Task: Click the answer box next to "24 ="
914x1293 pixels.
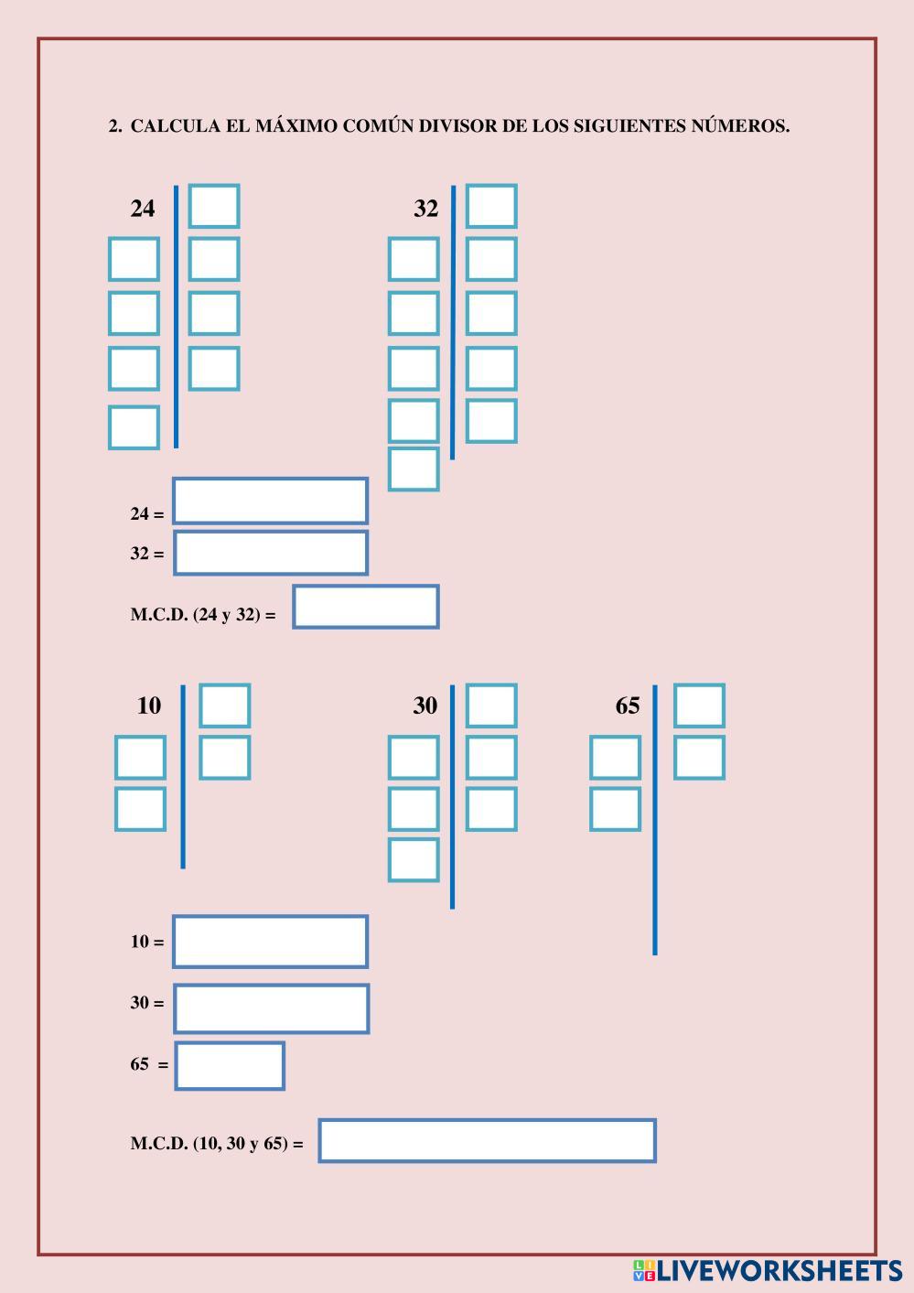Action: tap(270, 501)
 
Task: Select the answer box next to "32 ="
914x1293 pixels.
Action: tap(270, 553)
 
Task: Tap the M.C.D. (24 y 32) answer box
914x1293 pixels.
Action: tap(365, 607)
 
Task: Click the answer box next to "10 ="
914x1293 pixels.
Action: tap(270, 941)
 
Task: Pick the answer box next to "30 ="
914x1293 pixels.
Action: tap(271, 1008)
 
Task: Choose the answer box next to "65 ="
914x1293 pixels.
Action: tap(230, 1066)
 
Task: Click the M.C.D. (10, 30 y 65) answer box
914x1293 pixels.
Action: tap(487, 1140)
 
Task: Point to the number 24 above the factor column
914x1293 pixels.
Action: tap(143, 209)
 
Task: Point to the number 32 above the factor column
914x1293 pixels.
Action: tap(426, 209)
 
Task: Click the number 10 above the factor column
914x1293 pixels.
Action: tap(148, 706)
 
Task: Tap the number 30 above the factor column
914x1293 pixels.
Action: tap(425, 706)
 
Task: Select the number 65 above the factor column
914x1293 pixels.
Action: tap(628, 706)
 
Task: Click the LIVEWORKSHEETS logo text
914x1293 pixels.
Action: tap(778, 1271)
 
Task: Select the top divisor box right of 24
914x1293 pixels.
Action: tap(214, 206)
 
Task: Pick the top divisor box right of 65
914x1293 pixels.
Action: tap(699, 706)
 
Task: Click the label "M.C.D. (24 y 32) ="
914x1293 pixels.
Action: tap(203, 615)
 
